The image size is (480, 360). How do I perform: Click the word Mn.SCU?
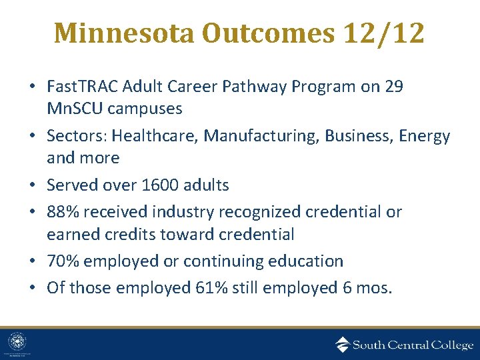pos(73,107)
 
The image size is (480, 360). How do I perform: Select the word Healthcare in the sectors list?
pos(153,137)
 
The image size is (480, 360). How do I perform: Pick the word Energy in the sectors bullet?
pos(424,137)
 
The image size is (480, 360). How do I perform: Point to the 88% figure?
pos(61,212)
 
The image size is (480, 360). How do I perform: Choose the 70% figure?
pos(61,261)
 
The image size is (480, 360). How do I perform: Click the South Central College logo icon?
pos(342,344)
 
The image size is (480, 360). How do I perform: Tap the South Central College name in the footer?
pos(413,345)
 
